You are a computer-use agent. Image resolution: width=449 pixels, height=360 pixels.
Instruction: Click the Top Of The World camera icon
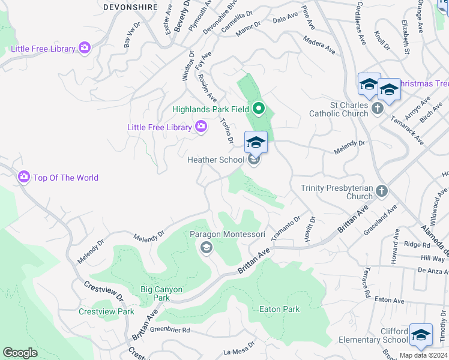pos(24,177)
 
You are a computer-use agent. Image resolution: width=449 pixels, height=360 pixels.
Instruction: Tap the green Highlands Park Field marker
pos(259,109)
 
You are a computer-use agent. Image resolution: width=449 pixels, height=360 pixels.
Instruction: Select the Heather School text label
pos(215,160)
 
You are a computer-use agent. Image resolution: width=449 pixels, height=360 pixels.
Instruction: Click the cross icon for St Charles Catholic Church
pos(377,108)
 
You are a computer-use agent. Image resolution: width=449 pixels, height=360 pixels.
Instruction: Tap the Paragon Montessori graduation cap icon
pos(206,247)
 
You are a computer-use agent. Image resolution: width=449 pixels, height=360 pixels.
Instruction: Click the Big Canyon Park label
pos(162,293)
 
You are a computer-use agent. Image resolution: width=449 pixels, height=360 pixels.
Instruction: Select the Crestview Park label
pos(106,311)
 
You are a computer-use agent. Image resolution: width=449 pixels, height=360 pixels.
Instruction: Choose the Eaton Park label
pos(279,309)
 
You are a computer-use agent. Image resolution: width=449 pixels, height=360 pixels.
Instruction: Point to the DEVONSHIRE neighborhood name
pos(130,7)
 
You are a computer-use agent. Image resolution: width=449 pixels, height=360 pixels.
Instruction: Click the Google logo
pos(20,353)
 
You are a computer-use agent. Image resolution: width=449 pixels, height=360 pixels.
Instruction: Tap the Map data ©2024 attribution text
pos(423,355)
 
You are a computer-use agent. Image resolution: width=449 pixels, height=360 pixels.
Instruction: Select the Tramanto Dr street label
pos(285,229)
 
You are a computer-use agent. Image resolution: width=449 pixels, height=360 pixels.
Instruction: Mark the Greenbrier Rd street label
pos(170,330)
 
